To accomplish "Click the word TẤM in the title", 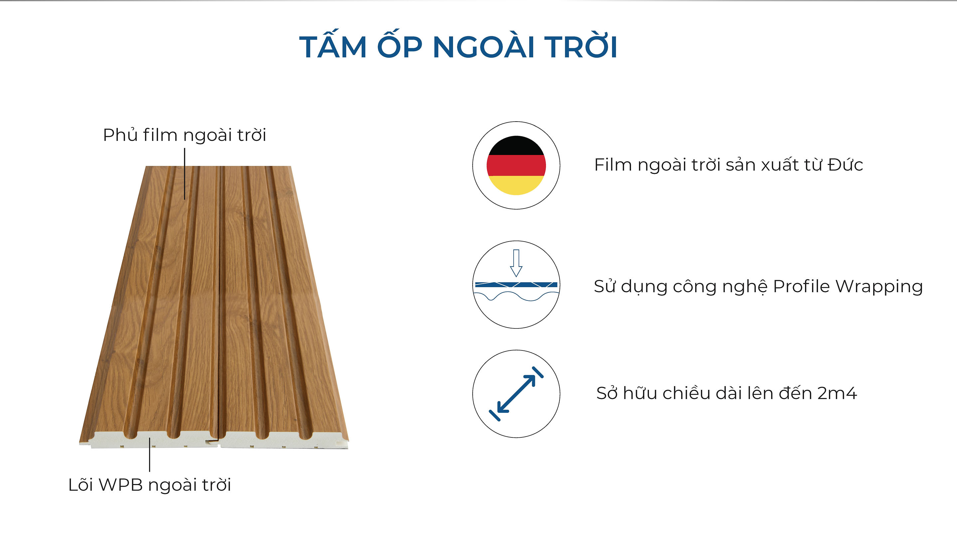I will (x=333, y=47).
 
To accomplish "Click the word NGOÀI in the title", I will (x=483, y=47).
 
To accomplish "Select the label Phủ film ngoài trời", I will (x=185, y=135).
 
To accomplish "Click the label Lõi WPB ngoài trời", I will (x=150, y=485).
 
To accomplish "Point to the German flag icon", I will (x=516, y=165).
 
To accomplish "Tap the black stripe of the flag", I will (x=516, y=146).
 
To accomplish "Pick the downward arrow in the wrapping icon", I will (x=516, y=263).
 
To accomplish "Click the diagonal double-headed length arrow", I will (x=516, y=394).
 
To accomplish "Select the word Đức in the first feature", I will (x=845, y=165).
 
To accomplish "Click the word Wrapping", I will (x=879, y=286).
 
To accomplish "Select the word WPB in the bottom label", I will (x=121, y=485).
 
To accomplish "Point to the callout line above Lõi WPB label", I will (x=150, y=454).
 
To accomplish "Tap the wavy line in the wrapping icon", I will (x=516, y=296).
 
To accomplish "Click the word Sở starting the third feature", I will (x=607, y=393).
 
